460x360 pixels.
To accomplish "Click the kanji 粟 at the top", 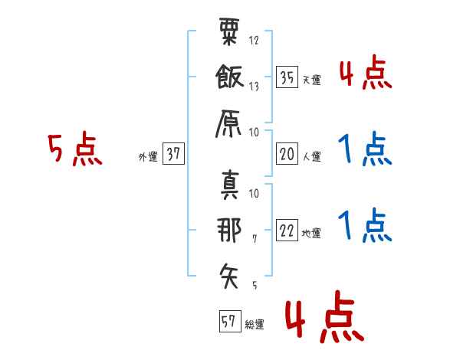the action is point(229,31).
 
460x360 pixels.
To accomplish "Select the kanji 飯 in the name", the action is point(229,77).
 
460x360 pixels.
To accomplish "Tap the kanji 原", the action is point(228,124).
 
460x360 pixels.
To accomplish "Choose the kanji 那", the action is point(229,230).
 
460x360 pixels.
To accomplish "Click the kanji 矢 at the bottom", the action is point(229,276).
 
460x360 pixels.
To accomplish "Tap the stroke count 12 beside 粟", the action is point(254,40).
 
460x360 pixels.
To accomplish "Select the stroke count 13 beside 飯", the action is point(254,87).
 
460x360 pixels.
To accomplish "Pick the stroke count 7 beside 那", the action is point(255,239).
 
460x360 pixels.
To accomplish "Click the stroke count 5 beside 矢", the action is point(255,285).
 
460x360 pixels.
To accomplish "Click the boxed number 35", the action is point(287,77).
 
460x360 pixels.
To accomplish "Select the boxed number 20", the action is point(287,154).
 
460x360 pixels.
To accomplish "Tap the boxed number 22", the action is point(287,230).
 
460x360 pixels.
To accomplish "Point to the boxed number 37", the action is point(173,153).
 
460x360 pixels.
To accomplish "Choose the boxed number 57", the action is point(230,321).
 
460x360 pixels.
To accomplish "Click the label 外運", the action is point(148,157).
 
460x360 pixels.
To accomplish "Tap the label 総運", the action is point(255,325).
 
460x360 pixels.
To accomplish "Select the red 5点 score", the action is point(75,149).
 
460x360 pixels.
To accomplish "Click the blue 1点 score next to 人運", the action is point(365,149).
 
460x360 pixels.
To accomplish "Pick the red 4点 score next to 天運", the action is point(366,72).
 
